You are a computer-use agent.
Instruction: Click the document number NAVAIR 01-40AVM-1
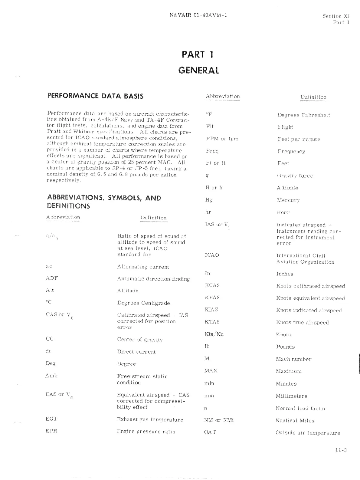pyautogui.click(x=198, y=15)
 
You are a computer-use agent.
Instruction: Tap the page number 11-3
pyautogui.click(x=341, y=450)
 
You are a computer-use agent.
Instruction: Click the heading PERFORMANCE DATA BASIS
pyautogui.click(x=95, y=96)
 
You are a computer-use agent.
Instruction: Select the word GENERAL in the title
pyautogui.click(x=199, y=70)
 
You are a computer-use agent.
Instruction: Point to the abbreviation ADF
pyautogui.click(x=52, y=278)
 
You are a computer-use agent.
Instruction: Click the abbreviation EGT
pyautogui.click(x=51, y=419)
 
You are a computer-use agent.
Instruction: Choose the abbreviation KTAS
pyautogui.click(x=212, y=322)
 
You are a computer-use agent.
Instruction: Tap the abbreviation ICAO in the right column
pyautogui.click(x=212, y=255)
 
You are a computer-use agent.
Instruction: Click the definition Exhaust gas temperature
pyautogui.click(x=150, y=419)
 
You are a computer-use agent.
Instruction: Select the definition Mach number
pyautogui.click(x=293, y=359)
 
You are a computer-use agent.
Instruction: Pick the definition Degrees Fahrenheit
pyautogui.click(x=304, y=115)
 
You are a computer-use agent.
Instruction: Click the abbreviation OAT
pyautogui.click(x=210, y=432)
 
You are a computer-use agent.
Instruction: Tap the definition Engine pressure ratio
pyautogui.click(x=146, y=432)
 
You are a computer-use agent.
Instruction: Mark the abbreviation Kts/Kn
pyautogui.click(x=214, y=334)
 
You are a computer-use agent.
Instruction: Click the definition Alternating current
pyautogui.click(x=143, y=267)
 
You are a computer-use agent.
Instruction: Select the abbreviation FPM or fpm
pyautogui.click(x=222, y=139)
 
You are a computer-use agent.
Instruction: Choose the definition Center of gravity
pyautogui.click(x=140, y=340)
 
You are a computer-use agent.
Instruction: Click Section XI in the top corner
pyautogui.click(x=336, y=16)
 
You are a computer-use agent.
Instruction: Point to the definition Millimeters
pyautogui.click(x=291, y=396)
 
